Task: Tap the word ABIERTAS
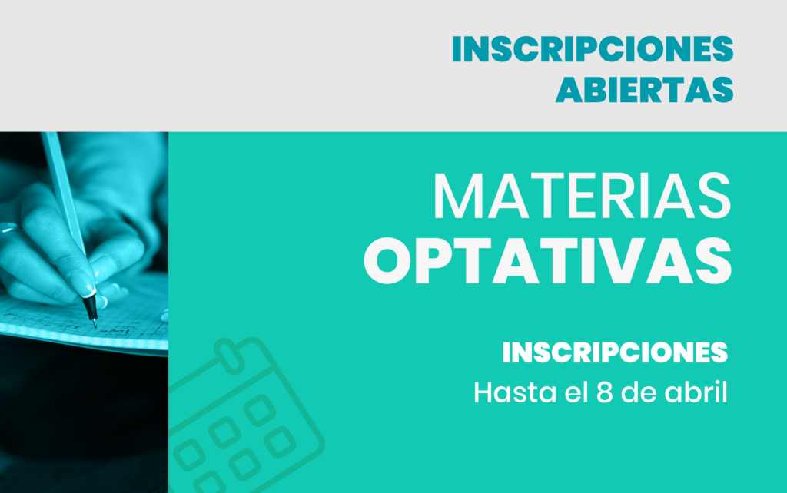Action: coord(644,89)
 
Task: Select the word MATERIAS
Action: coord(581,197)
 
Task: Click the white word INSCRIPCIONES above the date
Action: coord(614,353)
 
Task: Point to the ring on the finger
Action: coord(8,228)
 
